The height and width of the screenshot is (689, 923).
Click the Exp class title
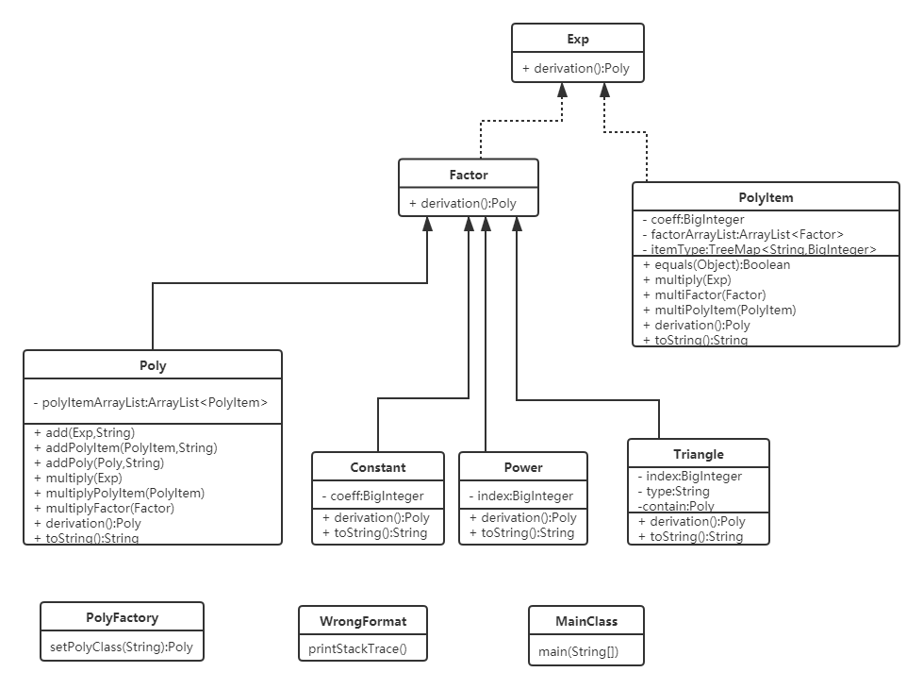[578, 39]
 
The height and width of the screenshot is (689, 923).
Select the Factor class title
[469, 174]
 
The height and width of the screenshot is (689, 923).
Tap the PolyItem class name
[766, 197]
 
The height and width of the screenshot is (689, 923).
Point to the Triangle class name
[699, 454]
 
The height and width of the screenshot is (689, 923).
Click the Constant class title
[377, 466]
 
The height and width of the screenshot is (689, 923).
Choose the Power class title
[522, 466]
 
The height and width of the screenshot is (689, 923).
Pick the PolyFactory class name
[122, 617]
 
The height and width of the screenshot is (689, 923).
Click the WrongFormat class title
[363, 620]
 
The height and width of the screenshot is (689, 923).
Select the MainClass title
[586, 620]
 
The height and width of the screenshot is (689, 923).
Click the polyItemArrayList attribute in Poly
[151, 403]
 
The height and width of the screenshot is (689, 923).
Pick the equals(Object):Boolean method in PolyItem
[717, 264]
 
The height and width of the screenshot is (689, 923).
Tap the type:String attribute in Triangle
[673, 491]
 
